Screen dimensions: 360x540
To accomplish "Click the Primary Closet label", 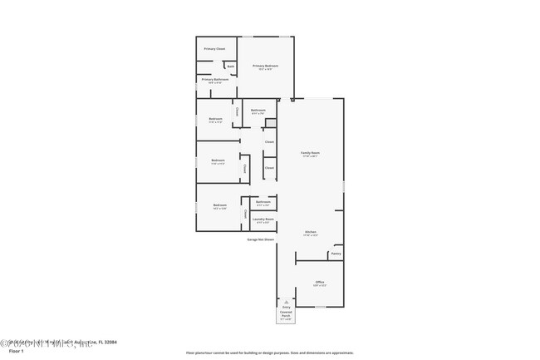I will coord(214,49).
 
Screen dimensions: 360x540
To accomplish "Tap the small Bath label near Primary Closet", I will coord(230,67).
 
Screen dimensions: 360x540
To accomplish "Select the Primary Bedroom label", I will coord(265,66).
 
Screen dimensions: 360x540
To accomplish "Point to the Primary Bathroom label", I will coord(214,79).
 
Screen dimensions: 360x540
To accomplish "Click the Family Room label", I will coord(310,153).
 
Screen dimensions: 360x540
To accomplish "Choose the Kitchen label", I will coord(310,232).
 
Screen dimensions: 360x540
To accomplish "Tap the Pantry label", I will coord(336,254).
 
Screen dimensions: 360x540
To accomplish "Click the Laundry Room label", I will coord(263,219).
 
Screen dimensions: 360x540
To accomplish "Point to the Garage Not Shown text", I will coord(260,239).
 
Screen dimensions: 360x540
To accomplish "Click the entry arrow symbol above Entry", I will coord(286,301).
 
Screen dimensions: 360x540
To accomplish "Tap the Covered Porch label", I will coord(286,313).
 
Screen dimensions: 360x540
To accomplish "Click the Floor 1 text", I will coord(17,351).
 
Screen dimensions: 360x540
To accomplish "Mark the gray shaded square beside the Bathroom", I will coord(270,124).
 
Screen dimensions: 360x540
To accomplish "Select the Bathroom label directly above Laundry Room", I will coord(263,202).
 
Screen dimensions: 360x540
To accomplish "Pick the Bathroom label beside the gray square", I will coord(258,111).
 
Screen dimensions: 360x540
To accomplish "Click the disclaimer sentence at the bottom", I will coord(270,353).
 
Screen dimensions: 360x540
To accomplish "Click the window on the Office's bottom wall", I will coord(320,307).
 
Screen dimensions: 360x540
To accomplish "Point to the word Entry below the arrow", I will coord(286,307).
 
